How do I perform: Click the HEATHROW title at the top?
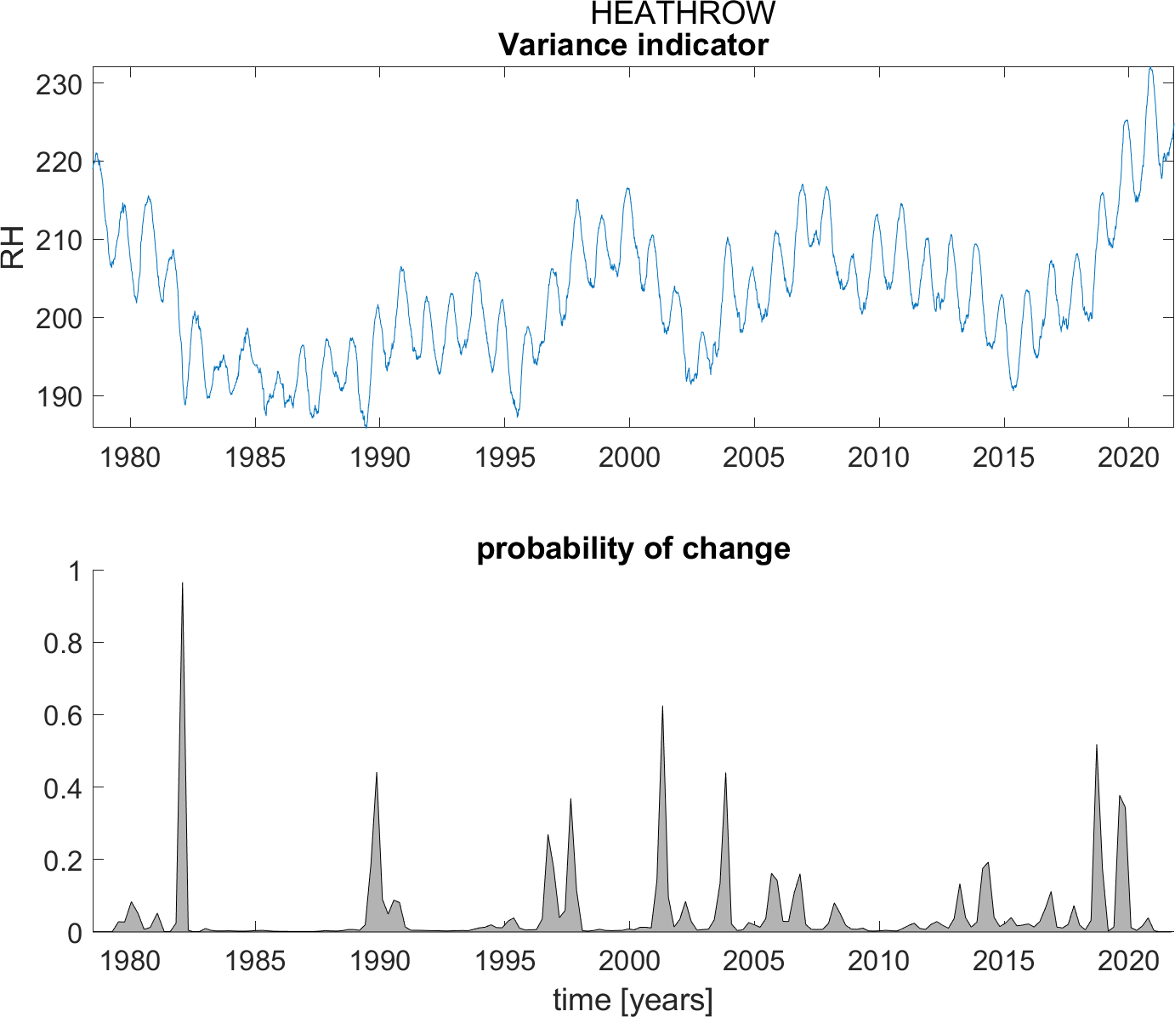tap(683, 14)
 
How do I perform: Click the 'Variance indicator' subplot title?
tap(633, 44)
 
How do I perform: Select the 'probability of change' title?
tap(633, 548)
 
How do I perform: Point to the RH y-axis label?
tap(14, 247)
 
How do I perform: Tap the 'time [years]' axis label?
tap(633, 1000)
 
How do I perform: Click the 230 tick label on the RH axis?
tap(59, 84)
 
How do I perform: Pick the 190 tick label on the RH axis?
tap(59, 396)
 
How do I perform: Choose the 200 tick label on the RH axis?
tap(59, 318)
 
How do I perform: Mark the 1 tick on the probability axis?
tap(75, 571)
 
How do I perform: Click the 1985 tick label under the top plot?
tap(254, 457)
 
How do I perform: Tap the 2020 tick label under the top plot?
tap(1127, 457)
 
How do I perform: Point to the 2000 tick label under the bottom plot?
tap(628, 961)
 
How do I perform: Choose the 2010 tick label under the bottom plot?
tap(878, 961)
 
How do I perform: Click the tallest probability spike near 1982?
tap(182, 584)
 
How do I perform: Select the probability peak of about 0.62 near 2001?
tap(662, 707)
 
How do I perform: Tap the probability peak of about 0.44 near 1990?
tap(376, 774)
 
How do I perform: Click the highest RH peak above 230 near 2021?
tap(1150, 69)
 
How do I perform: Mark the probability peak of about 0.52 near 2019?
tap(1097, 746)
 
